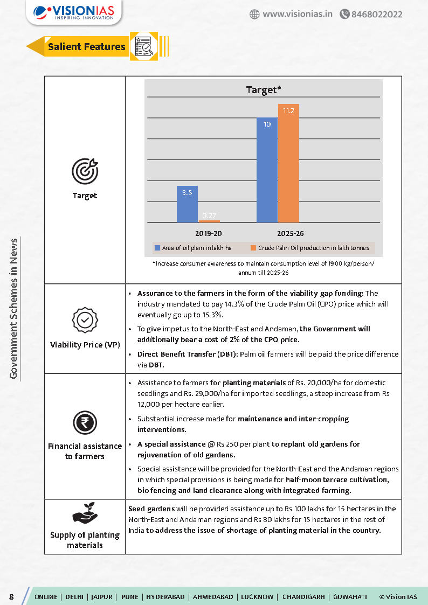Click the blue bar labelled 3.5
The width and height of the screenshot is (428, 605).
[187, 204]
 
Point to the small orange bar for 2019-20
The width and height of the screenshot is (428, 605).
[209, 221]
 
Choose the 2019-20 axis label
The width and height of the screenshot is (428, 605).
[208, 234]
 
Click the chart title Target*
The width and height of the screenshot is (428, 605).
[263, 89]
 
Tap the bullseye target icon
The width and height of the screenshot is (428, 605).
[85, 171]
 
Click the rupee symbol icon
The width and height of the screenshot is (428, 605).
[85, 423]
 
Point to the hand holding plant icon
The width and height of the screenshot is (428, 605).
[85, 514]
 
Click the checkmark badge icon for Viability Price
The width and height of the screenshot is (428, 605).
[85, 321]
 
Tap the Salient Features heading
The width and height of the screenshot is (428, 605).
[86, 47]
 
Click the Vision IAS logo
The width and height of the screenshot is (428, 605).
[74, 12]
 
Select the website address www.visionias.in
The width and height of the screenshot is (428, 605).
[296, 14]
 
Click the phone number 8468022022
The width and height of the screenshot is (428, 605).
[376, 14]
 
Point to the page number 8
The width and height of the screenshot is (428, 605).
[11, 596]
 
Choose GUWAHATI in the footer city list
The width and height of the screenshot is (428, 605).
[350, 596]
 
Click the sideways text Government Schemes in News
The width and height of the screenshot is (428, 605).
[14, 309]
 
